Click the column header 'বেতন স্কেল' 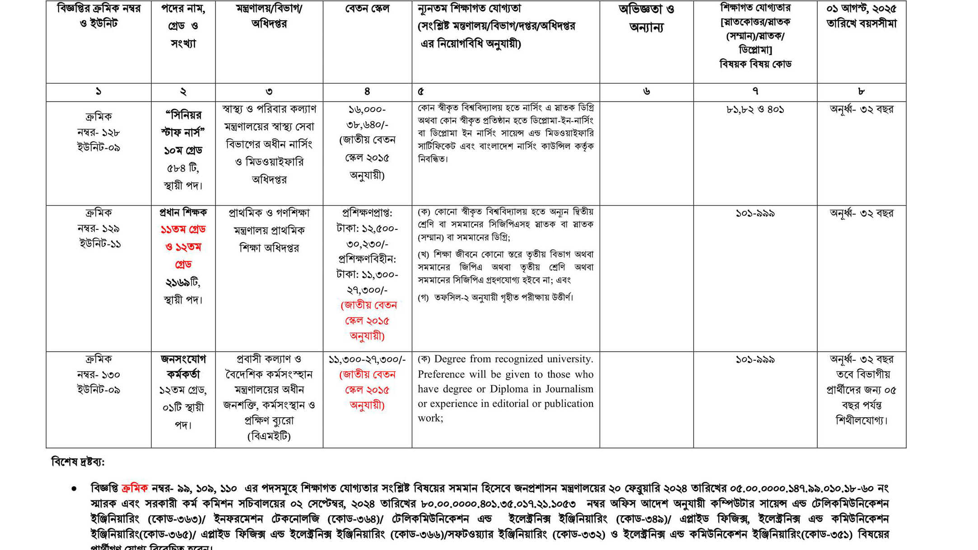(367, 9)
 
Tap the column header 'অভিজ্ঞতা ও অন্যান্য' (646, 19)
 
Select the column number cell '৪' (367, 92)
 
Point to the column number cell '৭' (755, 92)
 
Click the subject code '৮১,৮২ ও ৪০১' (755, 110)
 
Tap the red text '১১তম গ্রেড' (183, 229)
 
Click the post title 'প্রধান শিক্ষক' (183, 212)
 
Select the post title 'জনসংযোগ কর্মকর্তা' (183, 367)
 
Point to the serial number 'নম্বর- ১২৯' (98, 228)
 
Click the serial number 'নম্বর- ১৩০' (98, 375)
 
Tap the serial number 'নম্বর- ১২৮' (98, 132)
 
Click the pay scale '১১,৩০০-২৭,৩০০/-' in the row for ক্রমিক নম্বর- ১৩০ (367, 360)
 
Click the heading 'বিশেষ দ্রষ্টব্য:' (78, 462)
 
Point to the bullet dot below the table (74, 489)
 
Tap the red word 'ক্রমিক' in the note (135, 488)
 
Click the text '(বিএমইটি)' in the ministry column (269, 436)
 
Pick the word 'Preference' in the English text (441, 374)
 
